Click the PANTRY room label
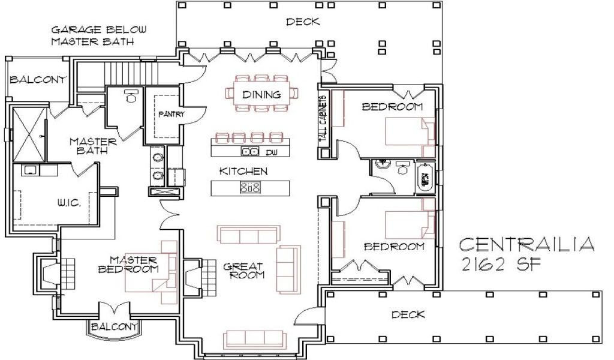click(x=171, y=115)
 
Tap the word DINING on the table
click(x=261, y=95)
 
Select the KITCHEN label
click(x=243, y=171)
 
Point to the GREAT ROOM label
click(x=243, y=271)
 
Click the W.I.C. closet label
click(x=69, y=203)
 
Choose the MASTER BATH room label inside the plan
click(x=93, y=146)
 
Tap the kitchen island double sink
click(x=250, y=151)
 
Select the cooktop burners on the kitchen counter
click(x=250, y=188)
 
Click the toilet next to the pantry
click(x=130, y=96)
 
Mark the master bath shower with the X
click(x=30, y=135)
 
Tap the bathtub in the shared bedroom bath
click(x=425, y=178)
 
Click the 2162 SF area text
click(x=501, y=265)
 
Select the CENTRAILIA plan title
click(x=526, y=244)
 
